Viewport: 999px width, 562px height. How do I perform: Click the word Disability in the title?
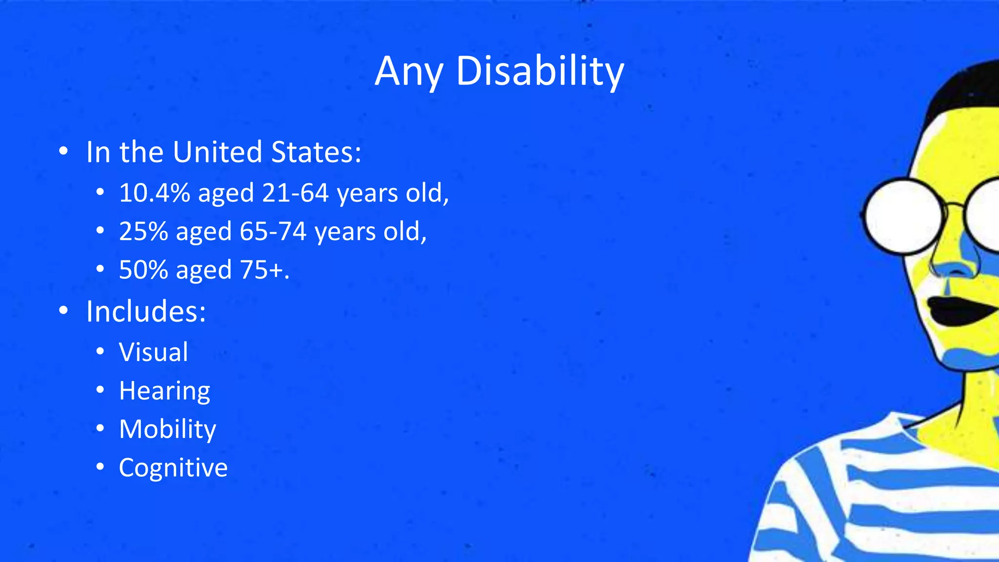click(539, 72)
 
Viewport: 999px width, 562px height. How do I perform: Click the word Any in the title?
click(409, 72)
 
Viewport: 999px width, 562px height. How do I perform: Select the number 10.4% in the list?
click(154, 193)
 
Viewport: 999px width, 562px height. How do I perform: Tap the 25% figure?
click(143, 231)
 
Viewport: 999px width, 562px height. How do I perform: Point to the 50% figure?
click(143, 270)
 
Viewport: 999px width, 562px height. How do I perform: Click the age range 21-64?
click(295, 193)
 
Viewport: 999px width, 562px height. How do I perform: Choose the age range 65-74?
click(273, 231)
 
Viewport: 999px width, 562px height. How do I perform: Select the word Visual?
click(154, 352)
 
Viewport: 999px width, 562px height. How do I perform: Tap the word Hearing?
click(164, 391)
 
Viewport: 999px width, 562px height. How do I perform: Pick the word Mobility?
click(167, 429)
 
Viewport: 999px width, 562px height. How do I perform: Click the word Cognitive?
click(173, 468)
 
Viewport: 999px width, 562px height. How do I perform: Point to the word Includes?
click(146, 311)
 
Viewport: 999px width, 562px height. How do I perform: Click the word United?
click(218, 152)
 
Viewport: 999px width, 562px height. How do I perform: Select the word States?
click(316, 152)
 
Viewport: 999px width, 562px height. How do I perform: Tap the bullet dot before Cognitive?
click(100, 467)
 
